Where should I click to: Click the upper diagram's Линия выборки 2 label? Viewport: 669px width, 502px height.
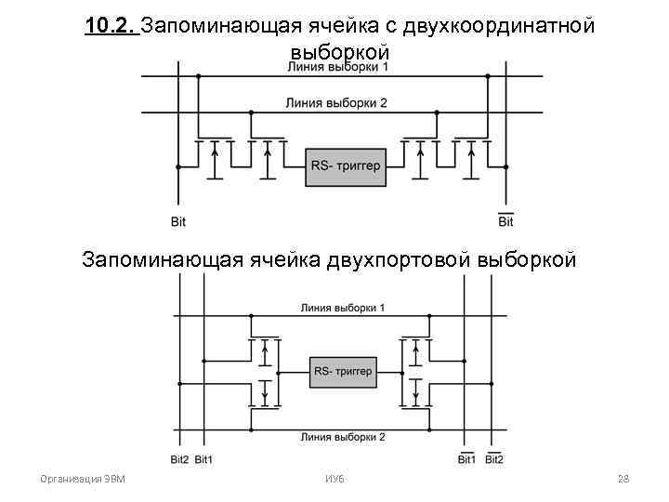pos(336,103)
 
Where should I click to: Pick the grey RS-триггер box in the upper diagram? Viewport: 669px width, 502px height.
pos(345,167)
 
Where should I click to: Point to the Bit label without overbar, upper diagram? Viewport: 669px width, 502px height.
pos(178,221)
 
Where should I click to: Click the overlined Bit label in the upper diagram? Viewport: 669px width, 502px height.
pos(505,221)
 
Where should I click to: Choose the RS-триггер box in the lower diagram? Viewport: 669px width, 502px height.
pos(343,372)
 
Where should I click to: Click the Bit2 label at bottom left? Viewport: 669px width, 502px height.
pos(179,459)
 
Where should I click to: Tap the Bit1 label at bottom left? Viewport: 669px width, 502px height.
pos(203,459)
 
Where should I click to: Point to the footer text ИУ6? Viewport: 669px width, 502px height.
pos(335,479)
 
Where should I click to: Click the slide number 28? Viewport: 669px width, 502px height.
pos(623,479)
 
